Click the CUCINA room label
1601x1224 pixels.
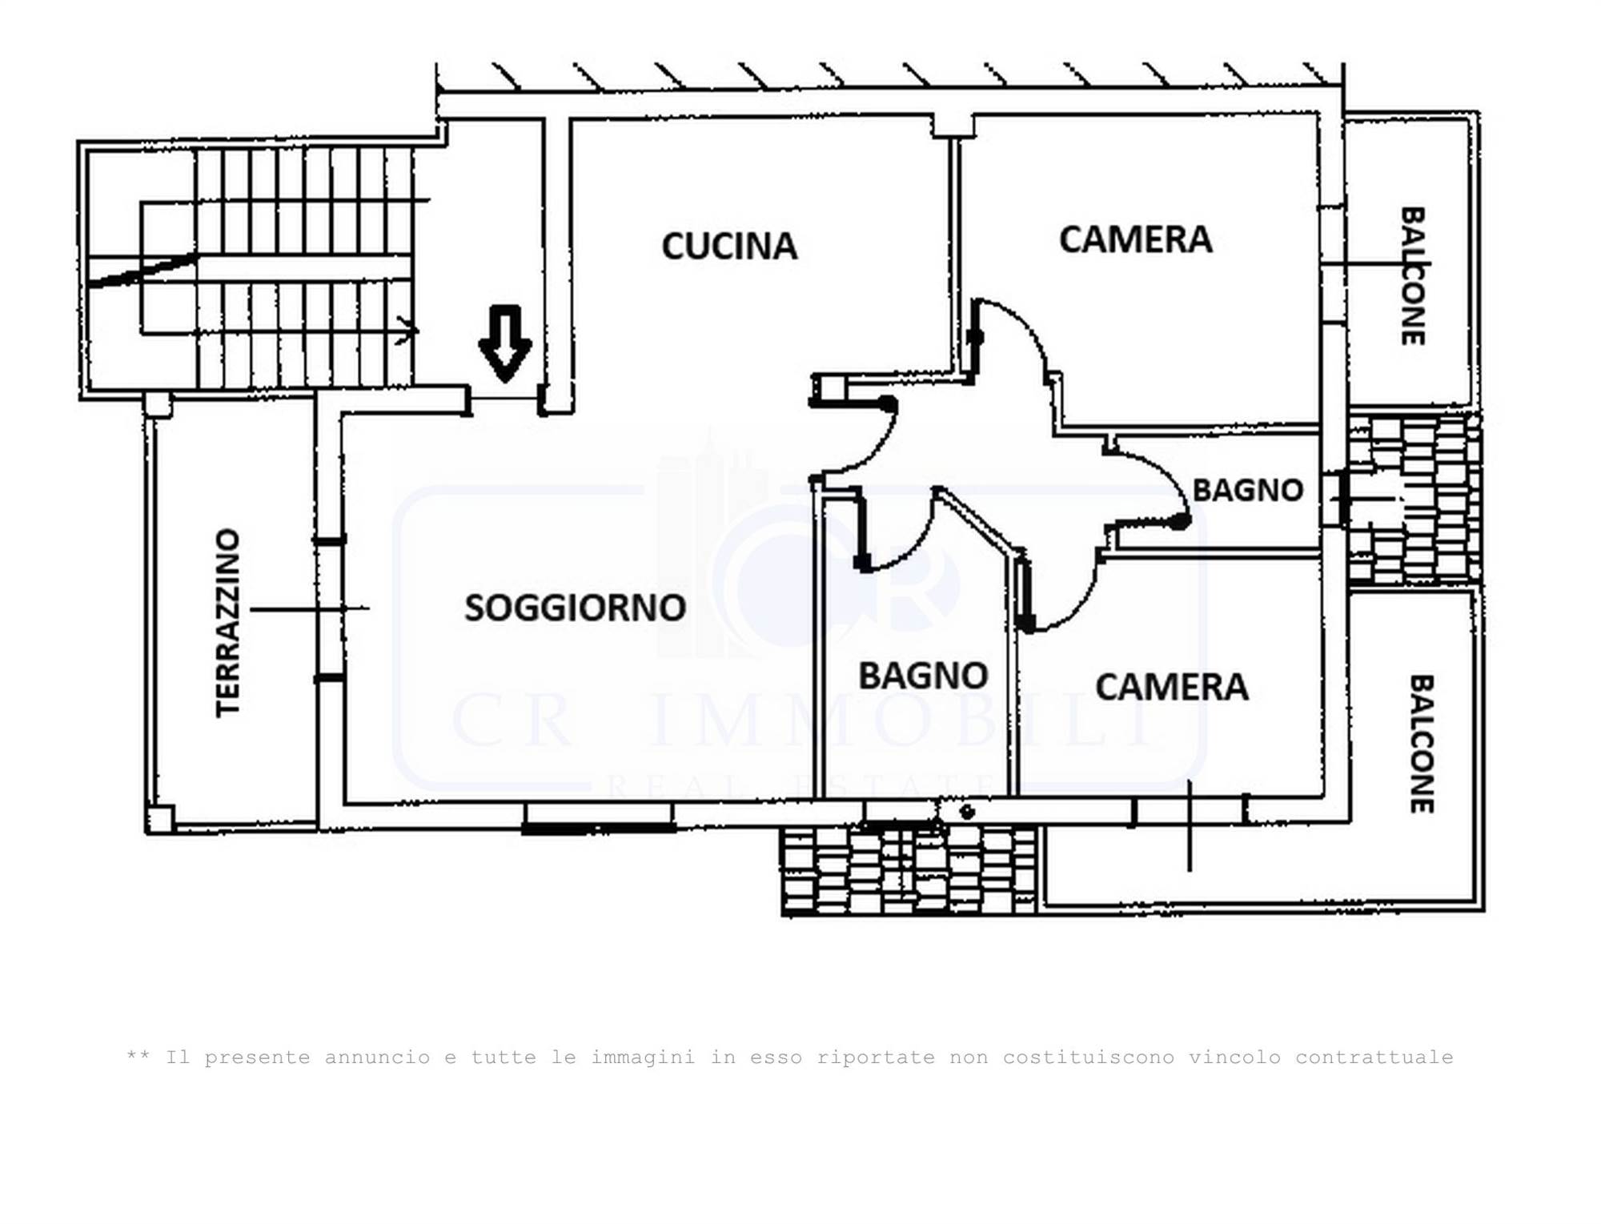tap(729, 246)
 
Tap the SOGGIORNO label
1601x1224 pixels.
tap(576, 608)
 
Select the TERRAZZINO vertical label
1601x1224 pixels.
tap(228, 623)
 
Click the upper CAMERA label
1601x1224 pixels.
tap(1135, 239)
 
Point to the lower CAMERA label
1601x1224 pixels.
tap(1172, 687)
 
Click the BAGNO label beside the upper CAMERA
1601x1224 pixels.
tap(1248, 490)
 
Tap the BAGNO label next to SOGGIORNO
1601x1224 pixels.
tap(923, 676)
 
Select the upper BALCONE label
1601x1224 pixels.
tap(1412, 276)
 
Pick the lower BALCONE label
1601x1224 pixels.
tap(1421, 744)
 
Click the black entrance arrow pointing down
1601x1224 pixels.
tap(505, 343)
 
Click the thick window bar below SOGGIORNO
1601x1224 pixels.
tap(598, 829)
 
